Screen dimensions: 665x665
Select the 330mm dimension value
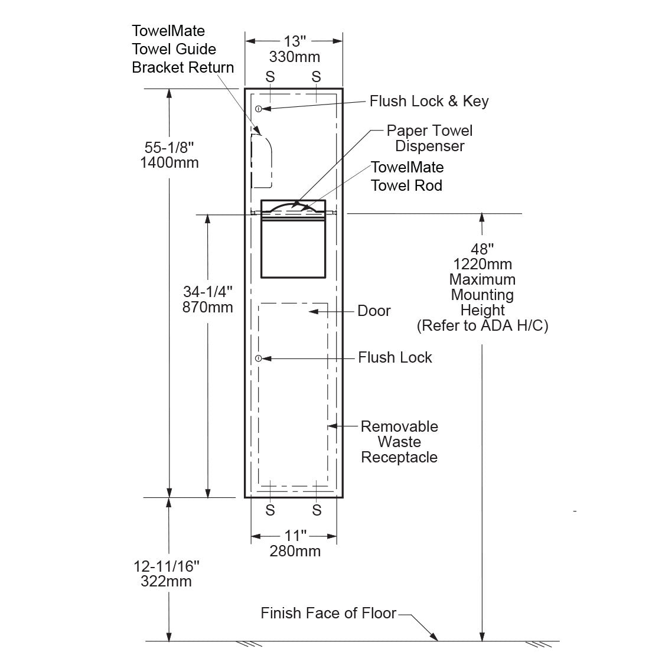(294, 57)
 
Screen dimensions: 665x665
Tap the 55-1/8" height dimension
(169, 148)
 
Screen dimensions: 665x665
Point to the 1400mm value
(169, 162)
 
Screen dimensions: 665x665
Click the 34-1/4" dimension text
(208, 292)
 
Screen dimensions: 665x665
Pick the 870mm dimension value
(208, 307)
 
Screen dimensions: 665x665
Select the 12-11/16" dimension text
(167, 566)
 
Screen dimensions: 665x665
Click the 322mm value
(167, 581)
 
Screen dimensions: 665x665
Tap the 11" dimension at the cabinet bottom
(295, 536)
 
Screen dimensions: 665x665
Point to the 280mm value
(295, 551)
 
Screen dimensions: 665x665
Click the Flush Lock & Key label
(429, 101)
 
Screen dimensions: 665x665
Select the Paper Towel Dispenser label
(429, 138)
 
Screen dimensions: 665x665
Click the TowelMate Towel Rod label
(407, 176)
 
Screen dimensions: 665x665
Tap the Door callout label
(374, 311)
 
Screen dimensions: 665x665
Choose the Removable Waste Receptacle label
(399, 442)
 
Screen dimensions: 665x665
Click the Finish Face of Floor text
(328, 613)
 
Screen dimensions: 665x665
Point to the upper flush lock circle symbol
(259, 109)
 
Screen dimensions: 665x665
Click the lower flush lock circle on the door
(259, 358)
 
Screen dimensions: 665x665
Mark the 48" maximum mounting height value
(482, 249)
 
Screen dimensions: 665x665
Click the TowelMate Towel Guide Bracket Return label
(182, 49)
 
